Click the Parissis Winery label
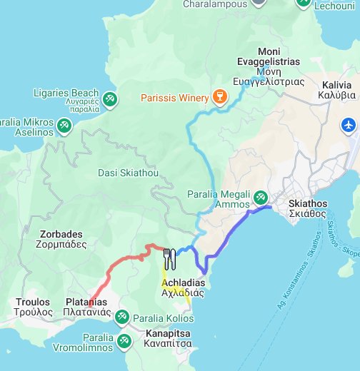click(x=173, y=97)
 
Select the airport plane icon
click(x=349, y=125)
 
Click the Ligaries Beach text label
click(x=66, y=97)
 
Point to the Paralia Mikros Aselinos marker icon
click(x=65, y=126)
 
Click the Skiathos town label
click(x=308, y=208)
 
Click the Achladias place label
click(x=184, y=288)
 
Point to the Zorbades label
click(x=59, y=239)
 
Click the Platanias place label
click(x=86, y=307)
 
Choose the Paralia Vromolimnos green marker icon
click(x=124, y=342)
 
